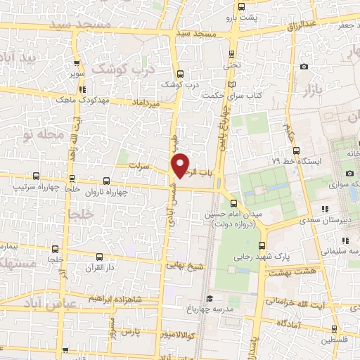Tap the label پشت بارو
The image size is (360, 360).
(x=245, y=17)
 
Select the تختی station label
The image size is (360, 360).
(x=232, y=65)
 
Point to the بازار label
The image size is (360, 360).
(x=312, y=90)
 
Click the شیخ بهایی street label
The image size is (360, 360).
(x=183, y=266)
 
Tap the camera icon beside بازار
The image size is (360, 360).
(x=304, y=67)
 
